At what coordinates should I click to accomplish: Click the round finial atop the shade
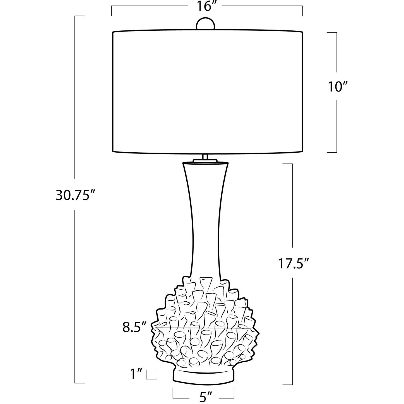[x=206, y=25]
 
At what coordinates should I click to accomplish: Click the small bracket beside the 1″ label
[x=151, y=374]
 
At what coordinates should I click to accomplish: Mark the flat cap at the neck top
[x=205, y=161]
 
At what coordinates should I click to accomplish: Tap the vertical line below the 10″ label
[x=337, y=126]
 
